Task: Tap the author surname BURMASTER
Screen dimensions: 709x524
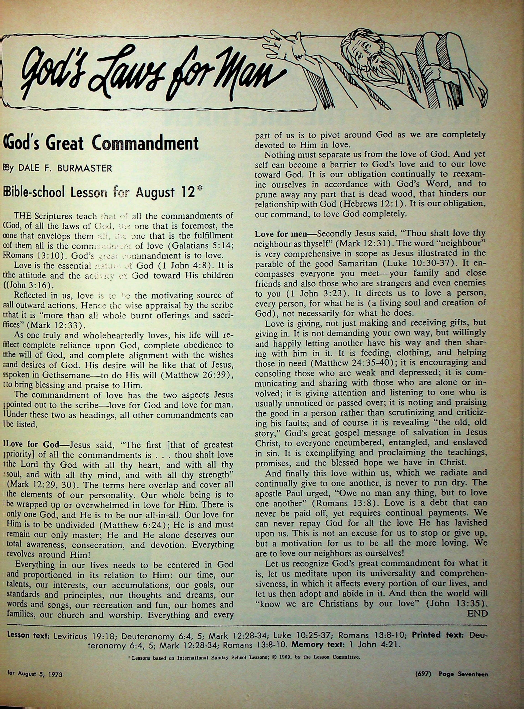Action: pos(85,168)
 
